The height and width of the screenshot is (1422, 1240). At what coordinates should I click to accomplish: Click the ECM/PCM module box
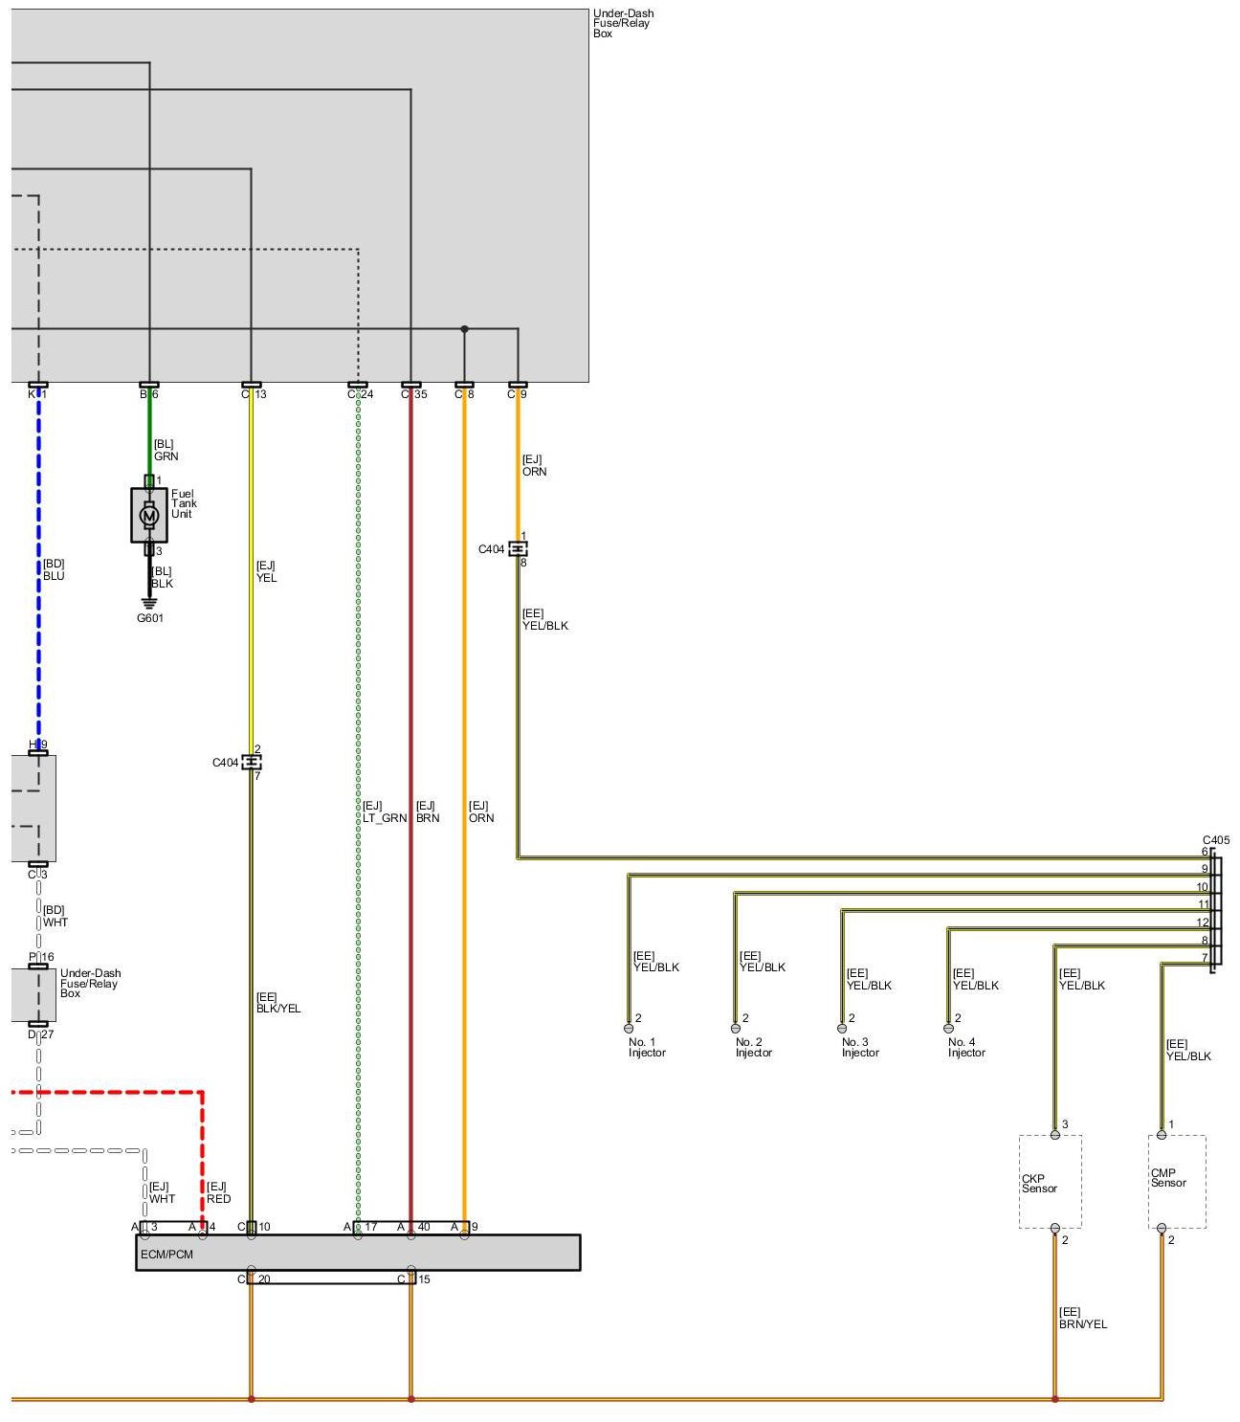click(x=358, y=1253)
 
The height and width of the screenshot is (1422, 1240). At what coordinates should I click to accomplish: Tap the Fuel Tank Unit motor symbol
click(x=148, y=515)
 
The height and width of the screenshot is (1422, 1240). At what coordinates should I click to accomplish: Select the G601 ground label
click(x=150, y=618)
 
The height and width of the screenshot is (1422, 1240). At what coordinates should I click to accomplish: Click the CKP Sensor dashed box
click(x=1050, y=1183)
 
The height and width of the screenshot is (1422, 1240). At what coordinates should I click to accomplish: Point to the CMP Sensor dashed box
click(x=1177, y=1181)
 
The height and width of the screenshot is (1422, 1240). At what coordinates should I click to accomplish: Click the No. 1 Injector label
click(x=647, y=1048)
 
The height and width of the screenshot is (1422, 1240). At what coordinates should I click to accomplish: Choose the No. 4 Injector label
click(x=966, y=1048)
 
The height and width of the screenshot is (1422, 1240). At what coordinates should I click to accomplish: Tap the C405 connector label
click(x=1216, y=840)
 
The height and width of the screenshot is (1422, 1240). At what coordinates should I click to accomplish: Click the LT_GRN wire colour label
click(x=384, y=818)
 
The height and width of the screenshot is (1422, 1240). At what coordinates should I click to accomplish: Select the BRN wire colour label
click(x=428, y=818)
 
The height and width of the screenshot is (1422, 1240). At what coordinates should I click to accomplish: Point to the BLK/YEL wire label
click(x=278, y=1009)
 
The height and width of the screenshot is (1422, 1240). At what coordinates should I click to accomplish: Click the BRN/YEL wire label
click(x=1083, y=1324)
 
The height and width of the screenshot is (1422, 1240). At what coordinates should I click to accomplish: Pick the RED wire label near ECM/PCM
click(x=219, y=1199)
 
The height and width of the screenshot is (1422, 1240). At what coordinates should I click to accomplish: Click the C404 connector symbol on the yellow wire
click(x=251, y=763)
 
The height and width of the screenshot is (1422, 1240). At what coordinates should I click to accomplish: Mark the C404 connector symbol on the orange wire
click(x=518, y=549)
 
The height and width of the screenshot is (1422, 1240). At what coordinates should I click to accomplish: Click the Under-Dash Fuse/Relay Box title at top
click(x=623, y=24)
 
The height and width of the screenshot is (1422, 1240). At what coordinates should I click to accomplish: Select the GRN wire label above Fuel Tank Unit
click(x=166, y=456)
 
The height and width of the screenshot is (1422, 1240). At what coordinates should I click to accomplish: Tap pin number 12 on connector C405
click(x=1203, y=923)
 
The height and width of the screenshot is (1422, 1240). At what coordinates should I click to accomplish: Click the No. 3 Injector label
click(x=860, y=1048)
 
